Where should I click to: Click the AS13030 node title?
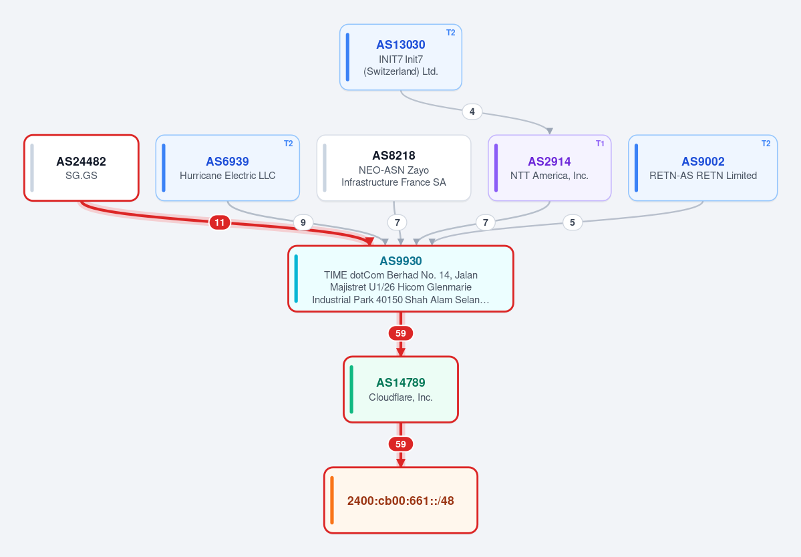coord(401,45)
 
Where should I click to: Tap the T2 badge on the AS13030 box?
coord(450,33)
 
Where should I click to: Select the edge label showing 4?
coord(472,112)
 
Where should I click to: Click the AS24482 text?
coord(82,162)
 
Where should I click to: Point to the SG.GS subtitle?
coord(82,176)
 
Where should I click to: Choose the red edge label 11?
coord(220,222)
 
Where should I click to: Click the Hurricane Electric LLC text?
coord(227,176)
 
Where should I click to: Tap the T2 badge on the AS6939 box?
coord(289,144)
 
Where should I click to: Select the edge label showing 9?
coord(303,222)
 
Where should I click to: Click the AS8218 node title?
coord(394,156)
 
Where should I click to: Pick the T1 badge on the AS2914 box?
coord(600,144)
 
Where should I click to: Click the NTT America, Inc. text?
coord(549,176)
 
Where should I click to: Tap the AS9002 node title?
coord(703,162)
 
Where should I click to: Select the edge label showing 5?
coord(572,222)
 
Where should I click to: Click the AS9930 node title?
coord(401,261)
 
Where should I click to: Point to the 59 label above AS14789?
coord(401,333)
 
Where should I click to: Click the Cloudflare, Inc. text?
coord(401,397)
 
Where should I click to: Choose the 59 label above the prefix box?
coord(401,444)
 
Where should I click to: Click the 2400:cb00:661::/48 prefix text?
coord(401,501)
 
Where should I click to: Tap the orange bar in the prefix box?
coord(332,500)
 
